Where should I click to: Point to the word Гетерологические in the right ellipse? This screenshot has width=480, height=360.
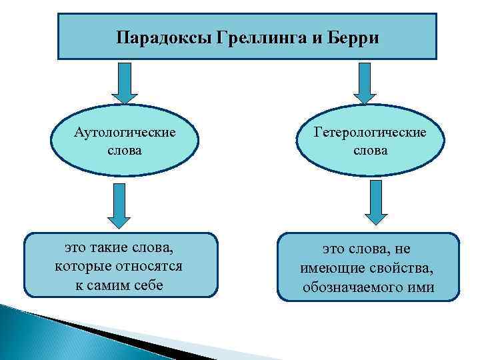370,133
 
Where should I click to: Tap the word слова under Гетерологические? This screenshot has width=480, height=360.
370,151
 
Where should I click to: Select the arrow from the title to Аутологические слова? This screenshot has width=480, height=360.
124,83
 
